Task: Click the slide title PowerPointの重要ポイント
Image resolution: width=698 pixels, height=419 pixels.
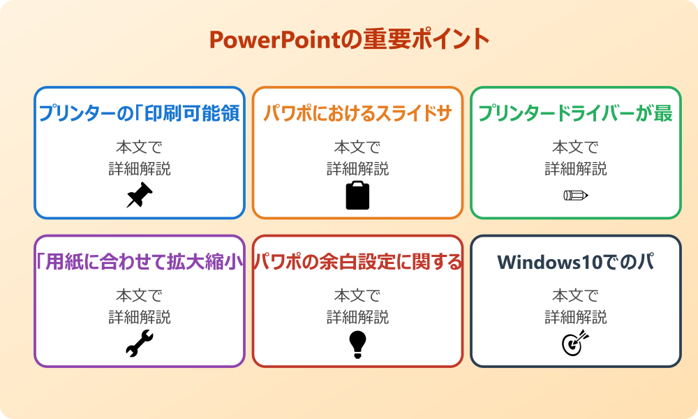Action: [349, 39]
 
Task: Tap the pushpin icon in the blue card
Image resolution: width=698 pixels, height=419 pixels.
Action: [139, 196]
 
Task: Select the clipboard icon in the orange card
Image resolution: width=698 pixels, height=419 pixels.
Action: [357, 196]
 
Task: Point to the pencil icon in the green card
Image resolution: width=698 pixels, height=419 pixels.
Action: [576, 195]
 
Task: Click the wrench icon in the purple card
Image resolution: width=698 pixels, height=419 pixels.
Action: [139, 344]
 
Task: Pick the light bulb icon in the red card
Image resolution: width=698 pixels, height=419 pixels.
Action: [357, 344]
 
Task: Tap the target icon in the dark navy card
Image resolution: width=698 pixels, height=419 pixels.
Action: [576, 344]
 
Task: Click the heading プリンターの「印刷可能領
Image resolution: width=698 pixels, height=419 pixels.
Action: [140, 114]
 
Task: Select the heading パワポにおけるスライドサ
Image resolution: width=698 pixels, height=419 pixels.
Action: [357, 114]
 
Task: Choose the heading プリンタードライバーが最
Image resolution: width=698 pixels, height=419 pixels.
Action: [576, 114]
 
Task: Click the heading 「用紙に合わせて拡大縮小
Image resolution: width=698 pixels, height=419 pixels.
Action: [140, 262]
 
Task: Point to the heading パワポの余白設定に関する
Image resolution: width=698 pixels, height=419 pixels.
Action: [357, 262]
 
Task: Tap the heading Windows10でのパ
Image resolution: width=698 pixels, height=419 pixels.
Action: [576, 262]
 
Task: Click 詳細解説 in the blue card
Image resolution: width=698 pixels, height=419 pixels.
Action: [140, 168]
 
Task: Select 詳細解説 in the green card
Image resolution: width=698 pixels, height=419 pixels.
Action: [576, 168]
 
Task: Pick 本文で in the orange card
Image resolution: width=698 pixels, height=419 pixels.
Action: [357, 147]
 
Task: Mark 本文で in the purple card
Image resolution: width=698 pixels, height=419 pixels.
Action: [140, 295]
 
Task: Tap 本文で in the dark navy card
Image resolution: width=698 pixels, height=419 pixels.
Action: [576, 295]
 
